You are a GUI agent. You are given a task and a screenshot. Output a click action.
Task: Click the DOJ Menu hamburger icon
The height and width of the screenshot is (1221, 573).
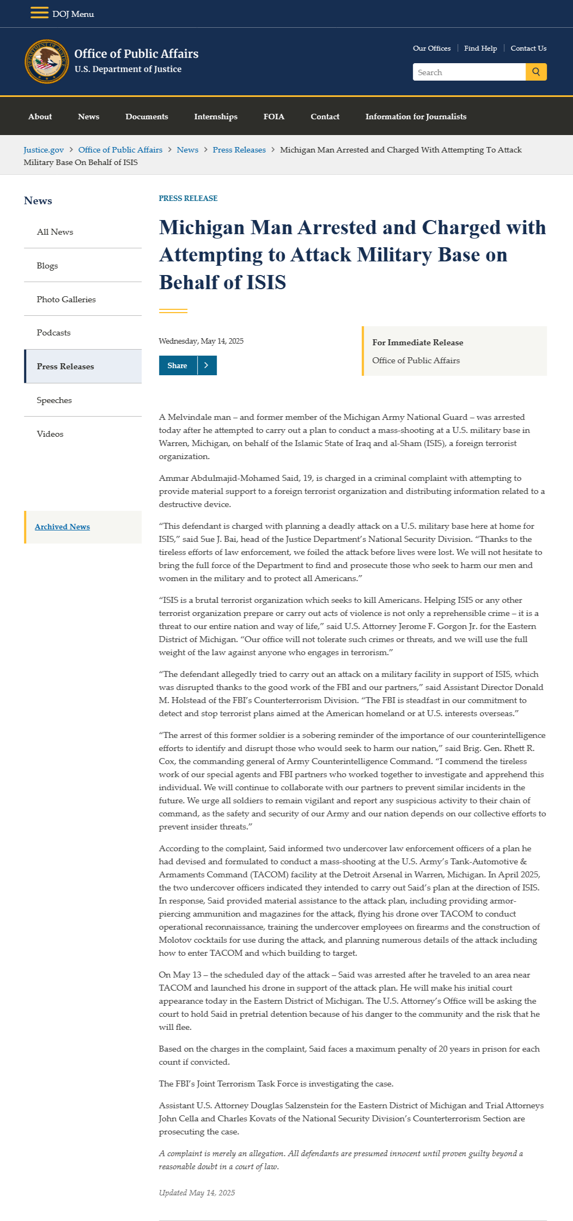coord(39,13)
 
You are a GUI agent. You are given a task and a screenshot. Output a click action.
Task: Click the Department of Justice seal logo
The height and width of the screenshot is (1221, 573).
coord(47,62)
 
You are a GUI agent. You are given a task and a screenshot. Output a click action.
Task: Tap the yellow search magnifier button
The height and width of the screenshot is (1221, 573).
coord(536,72)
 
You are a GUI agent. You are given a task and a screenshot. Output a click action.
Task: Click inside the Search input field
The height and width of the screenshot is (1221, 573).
coord(468,72)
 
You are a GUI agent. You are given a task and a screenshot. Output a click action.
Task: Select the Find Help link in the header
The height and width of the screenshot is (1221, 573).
coord(480,48)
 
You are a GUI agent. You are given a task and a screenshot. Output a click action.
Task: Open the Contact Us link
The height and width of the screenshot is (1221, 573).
coord(528,48)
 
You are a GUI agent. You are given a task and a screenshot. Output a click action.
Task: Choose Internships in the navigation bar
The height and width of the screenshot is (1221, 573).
coord(216,117)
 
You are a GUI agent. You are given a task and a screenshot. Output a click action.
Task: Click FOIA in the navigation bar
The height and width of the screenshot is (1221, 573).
coord(274,117)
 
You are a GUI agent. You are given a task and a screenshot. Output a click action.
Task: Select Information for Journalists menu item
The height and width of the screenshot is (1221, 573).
coord(416,117)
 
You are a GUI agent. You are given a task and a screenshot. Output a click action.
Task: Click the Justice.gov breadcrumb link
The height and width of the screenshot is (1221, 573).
coord(44,150)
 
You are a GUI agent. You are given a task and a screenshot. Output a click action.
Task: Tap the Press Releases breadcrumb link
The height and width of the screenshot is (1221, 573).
coord(239,150)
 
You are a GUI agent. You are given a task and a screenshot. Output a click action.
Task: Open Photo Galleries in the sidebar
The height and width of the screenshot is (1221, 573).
coord(66,300)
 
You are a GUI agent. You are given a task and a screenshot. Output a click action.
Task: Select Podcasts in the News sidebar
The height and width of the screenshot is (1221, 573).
coord(53,333)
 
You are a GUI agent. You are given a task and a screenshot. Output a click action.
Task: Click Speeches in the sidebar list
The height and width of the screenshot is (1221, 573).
coord(54,400)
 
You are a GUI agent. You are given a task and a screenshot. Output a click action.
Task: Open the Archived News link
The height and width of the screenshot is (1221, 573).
coord(62,527)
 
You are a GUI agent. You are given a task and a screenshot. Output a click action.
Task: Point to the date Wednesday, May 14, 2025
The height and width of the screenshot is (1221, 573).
coord(201,341)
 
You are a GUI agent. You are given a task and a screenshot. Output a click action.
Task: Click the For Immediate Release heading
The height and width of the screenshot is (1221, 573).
coord(418,343)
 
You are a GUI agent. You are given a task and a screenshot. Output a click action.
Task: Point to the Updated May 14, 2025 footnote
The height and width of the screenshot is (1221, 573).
coord(197,1193)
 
